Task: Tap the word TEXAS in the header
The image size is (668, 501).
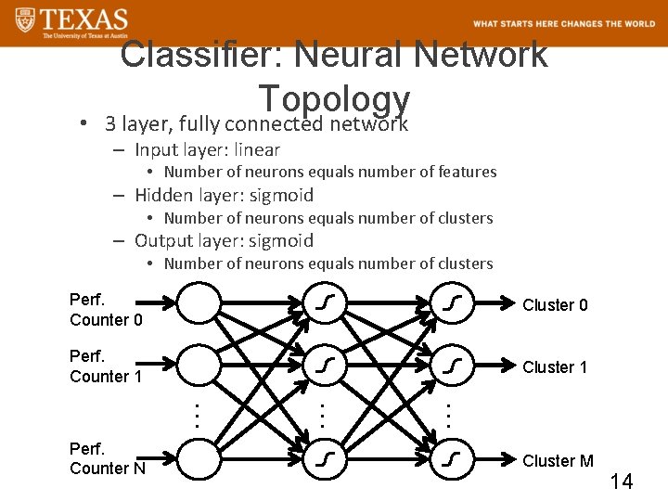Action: click(x=84, y=18)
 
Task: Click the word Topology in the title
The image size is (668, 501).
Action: click(x=334, y=99)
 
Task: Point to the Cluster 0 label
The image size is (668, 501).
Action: click(x=555, y=305)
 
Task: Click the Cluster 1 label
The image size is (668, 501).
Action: click(x=555, y=367)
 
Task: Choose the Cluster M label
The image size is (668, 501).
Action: click(x=558, y=461)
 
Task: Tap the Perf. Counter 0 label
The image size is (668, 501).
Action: click(x=105, y=310)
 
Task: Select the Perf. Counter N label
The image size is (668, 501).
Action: click(x=107, y=459)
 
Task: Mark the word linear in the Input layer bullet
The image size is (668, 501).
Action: click(x=257, y=149)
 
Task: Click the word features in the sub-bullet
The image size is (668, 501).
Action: click(x=465, y=172)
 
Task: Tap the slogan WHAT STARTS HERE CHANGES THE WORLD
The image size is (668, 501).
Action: click(x=563, y=24)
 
